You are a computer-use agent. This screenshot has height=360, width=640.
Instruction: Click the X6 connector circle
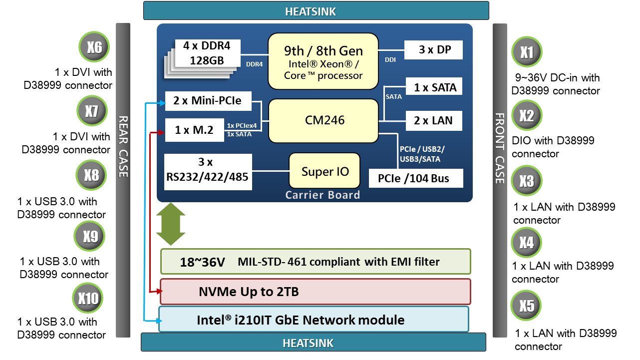tap(94, 47)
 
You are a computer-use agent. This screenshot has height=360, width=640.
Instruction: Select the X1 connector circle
tap(527, 52)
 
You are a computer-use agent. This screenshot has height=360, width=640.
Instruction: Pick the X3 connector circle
tap(526, 181)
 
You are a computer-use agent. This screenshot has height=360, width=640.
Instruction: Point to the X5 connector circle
tap(526, 306)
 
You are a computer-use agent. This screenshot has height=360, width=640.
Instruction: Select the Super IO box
tap(325, 171)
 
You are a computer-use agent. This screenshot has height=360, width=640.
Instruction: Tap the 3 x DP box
tap(433, 50)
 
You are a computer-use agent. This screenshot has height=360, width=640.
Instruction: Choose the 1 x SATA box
tap(435, 87)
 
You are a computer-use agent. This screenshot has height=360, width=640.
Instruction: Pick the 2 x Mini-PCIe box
tap(207, 101)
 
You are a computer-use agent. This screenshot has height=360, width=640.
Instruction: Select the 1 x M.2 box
tap(194, 130)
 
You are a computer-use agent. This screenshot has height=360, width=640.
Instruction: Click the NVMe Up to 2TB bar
tap(315, 292)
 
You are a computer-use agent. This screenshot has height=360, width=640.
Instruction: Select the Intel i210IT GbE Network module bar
tap(314, 319)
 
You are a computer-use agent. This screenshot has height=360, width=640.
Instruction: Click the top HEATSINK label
tap(316, 11)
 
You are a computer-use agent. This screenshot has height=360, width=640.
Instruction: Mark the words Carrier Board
tap(322, 195)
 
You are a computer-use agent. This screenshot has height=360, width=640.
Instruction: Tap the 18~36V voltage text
tap(203, 262)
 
